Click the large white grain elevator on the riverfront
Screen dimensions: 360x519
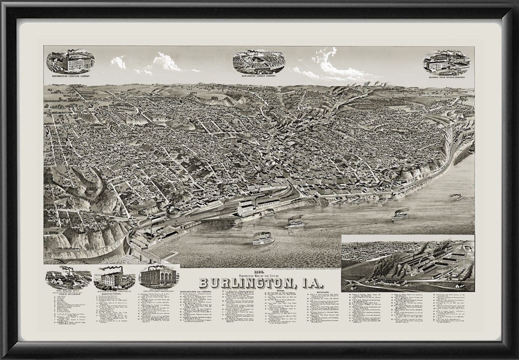tap(246, 208)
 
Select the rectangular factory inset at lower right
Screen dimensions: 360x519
tap(408, 263)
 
